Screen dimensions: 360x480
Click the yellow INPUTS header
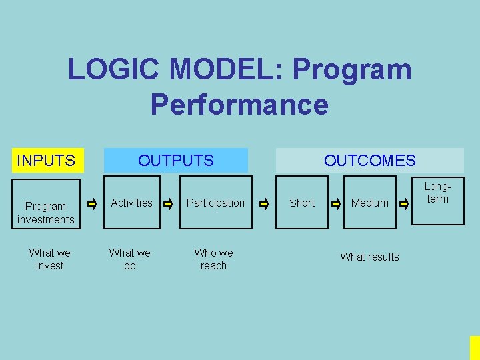(x=46, y=161)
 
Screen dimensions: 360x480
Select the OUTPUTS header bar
(x=176, y=161)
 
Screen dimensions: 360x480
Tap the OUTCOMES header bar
(x=369, y=161)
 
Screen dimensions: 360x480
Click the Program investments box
(x=46, y=212)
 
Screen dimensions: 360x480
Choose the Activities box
(x=132, y=203)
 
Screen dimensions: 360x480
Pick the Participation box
(x=215, y=203)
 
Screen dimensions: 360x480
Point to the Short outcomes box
(x=302, y=203)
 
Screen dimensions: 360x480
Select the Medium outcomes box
(x=370, y=203)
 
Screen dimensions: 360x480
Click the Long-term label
(x=437, y=193)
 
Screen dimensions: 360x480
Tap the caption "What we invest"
(x=50, y=259)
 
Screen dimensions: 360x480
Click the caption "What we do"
(x=130, y=259)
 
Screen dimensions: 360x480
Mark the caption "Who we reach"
(x=214, y=259)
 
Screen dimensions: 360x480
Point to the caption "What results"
(x=370, y=257)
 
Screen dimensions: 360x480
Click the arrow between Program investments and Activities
(x=93, y=203)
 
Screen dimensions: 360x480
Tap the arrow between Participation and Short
(x=264, y=203)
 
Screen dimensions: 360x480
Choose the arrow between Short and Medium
(x=336, y=203)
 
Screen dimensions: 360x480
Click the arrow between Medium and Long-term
(x=404, y=203)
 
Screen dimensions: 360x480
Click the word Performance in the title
(x=239, y=105)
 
